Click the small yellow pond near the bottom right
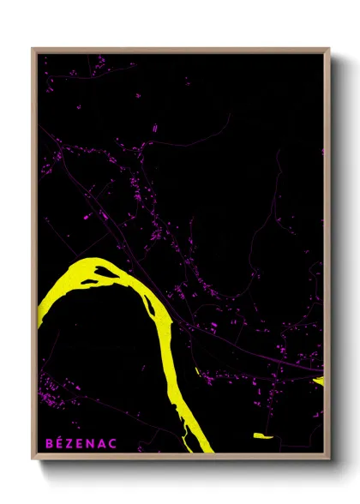(262, 436)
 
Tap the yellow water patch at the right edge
(319, 380)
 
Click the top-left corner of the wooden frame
(33, 50)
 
